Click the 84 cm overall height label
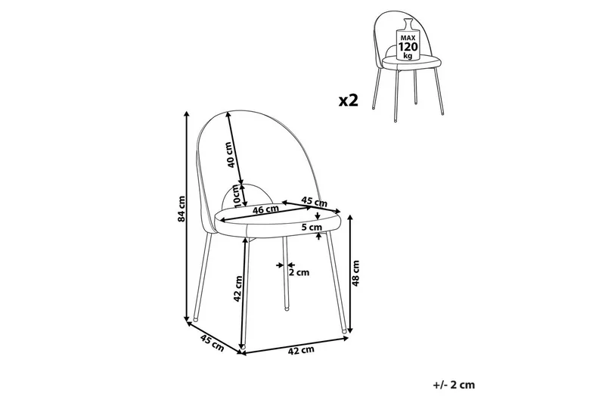tap(181, 209)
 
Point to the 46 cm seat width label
tap(265, 209)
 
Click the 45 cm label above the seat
tap(314, 201)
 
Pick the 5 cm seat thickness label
tap(312, 227)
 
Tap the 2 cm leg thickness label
tap(299, 273)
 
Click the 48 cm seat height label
tap(355, 273)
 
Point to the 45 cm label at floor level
tap(212, 343)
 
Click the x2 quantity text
tap(349, 101)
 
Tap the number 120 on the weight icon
tap(408, 47)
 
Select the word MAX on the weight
tap(408, 38)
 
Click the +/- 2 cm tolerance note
tap(455, 385)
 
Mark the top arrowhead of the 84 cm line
tap(187, 113)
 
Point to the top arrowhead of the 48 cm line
tap(350, 218)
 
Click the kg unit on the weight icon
tap(408, 56)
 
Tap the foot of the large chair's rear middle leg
tap(287, 308)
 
